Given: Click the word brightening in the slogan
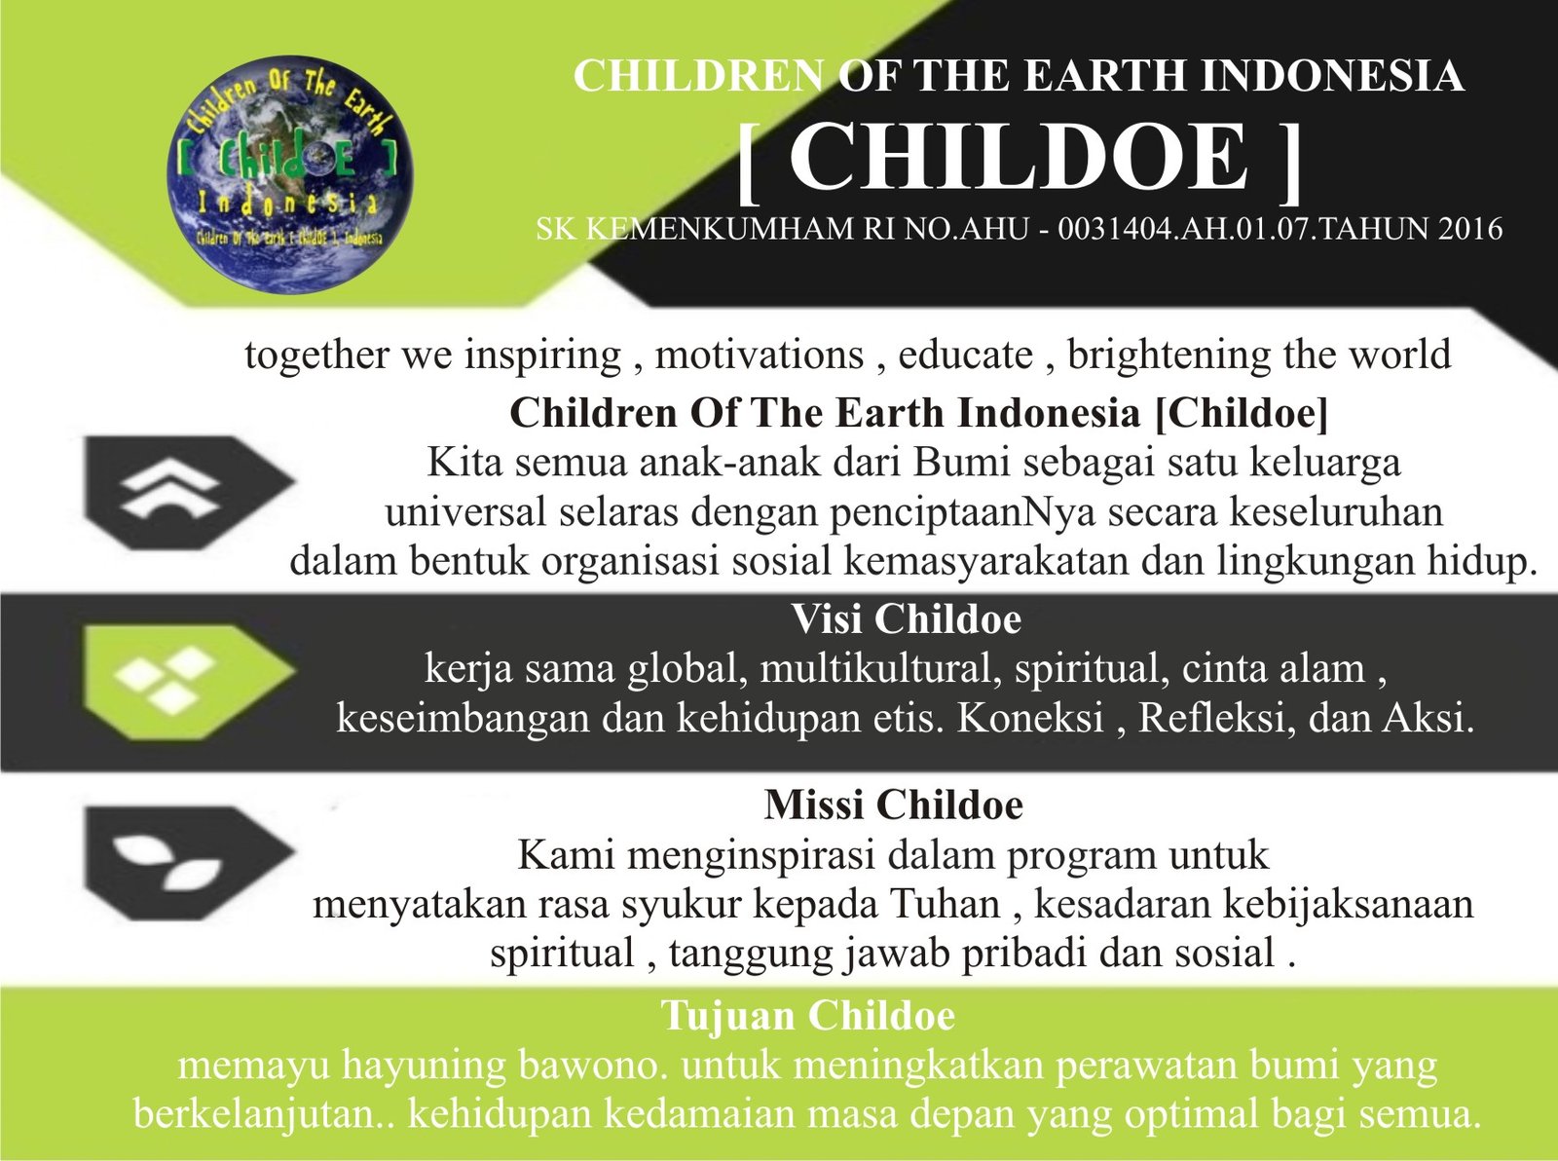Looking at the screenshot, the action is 1168,356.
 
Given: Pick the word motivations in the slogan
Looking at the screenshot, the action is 760,356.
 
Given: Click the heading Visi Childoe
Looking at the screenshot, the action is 907,619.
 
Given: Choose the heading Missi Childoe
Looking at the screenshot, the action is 894,805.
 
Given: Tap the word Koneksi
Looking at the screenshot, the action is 1031,719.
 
